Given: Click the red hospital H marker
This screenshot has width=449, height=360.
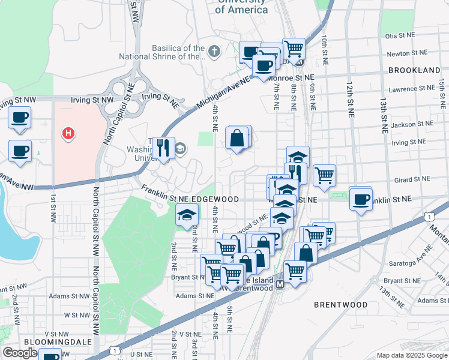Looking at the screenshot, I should pos(69,133).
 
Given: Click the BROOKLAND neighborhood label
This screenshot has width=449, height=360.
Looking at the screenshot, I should pos(414,70).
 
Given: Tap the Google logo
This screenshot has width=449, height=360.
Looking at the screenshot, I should pos(20,353).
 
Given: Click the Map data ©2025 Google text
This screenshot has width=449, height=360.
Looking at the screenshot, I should pos(411,355).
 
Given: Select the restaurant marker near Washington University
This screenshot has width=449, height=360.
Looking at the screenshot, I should pos(163,148).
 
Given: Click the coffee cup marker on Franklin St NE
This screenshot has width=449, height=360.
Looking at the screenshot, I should pos(361,199).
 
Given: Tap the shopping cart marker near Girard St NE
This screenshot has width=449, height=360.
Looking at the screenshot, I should pos(324,175).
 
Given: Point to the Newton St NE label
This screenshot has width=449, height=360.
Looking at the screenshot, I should pos(406,53).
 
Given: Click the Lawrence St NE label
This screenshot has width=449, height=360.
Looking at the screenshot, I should pos(412,89).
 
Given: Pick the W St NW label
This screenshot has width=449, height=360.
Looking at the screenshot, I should pos(76,314).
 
